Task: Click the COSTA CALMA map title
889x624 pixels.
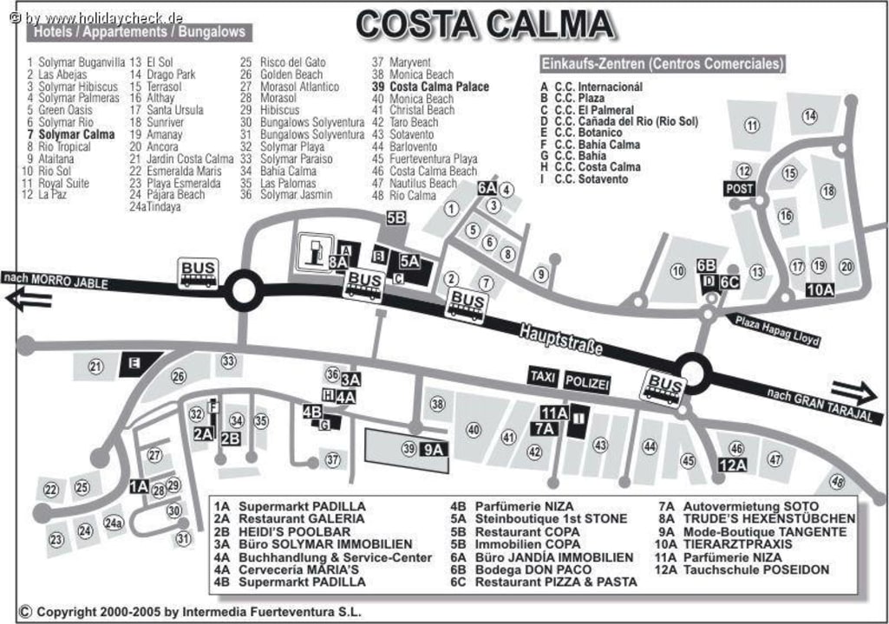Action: tap(485, 24)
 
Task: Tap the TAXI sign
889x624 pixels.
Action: tap(543, 376)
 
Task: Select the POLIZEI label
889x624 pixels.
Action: tap(587, 382)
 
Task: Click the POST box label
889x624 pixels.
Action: tap(740, 189)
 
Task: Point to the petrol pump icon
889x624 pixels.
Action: tap(311, 252)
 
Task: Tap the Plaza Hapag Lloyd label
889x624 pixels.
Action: tap(777, 330)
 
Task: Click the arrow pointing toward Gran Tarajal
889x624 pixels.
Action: tap(853, 393)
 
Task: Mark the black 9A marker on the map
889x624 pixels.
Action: tap(435, 449)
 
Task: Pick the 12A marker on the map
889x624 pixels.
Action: tap(732, 465)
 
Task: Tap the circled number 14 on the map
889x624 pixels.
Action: tap(810, 116)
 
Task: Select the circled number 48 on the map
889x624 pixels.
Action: tap(837, 482)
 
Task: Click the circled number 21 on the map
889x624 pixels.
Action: tap(95, 367)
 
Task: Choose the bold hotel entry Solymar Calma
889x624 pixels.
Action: tap(76, 135)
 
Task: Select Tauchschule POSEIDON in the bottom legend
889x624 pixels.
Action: tap(756, 569)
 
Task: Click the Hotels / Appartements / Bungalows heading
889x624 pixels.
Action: tap(140, 32)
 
